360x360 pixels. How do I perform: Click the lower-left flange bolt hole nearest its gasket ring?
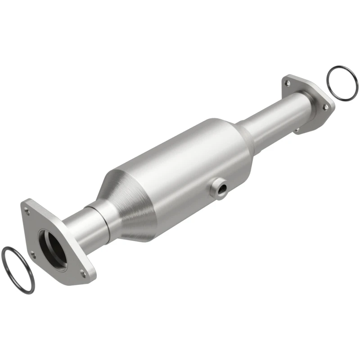click(x=32, y=255)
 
